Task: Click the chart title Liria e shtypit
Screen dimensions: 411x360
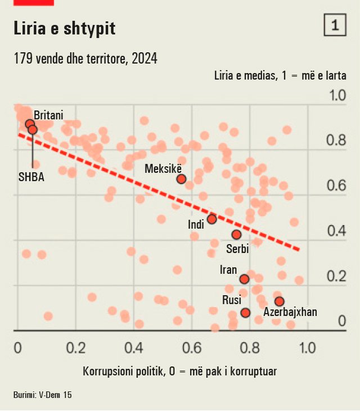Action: point(65,29)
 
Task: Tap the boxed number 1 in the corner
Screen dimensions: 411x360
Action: point(335,25)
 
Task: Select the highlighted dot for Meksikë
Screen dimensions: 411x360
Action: point(181,179)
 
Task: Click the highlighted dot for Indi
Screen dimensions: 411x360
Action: point(211,219)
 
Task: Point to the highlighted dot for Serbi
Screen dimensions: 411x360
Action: point(236,234)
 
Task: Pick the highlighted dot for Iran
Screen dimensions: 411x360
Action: point(244,279)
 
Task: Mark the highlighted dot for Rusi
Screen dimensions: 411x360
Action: point(245,312)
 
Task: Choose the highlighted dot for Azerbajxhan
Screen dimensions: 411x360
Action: point(279,301)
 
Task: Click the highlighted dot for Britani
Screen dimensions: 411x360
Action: point(30,124)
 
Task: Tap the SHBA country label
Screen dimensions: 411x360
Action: point(31,177)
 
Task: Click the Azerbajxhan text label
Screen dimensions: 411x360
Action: point(290,313)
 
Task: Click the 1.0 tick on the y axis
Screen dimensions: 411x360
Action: point(337,94)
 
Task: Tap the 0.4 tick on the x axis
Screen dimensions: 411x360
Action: point(133,347)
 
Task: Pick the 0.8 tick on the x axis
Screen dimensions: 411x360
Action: point(249,347)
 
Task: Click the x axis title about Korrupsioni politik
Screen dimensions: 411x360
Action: point(179,371)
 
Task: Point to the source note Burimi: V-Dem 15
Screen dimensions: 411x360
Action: point(43,395)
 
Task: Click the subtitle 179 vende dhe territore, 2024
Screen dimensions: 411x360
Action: point(85,58)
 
